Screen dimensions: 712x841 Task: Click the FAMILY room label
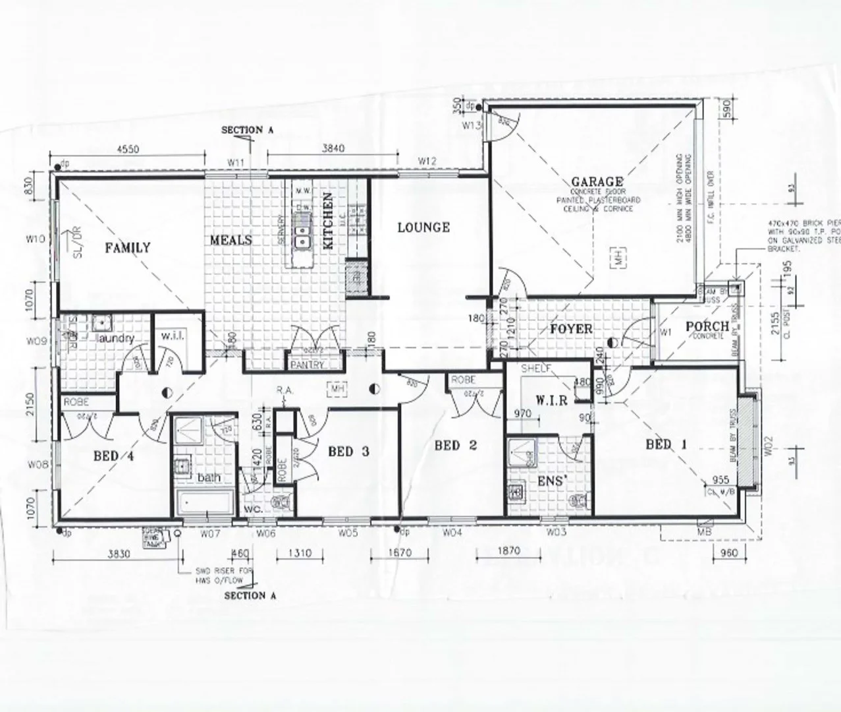[128, 248]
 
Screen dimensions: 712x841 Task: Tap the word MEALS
[231, 240]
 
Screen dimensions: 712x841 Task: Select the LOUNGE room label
[423, 227]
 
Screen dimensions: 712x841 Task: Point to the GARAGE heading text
[597, 181]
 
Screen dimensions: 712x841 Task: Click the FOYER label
[570, 329]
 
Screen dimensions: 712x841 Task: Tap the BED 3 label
[349, 452]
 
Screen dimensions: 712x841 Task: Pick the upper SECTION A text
[247, 131]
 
